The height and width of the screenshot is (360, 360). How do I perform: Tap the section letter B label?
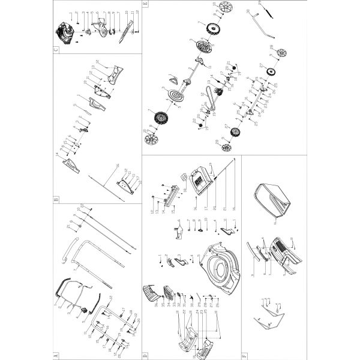coord(56,200)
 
